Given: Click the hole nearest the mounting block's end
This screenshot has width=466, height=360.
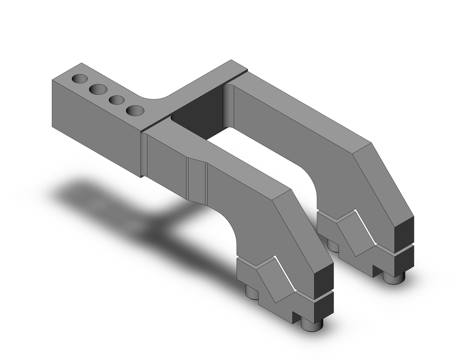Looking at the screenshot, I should pyautogui.click(x=80, y=78).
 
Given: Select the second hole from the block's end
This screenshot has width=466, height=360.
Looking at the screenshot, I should pyautogui.click(x=98, y=89).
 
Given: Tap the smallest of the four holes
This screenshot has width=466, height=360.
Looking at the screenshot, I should pyautogui.click(x=116, y=100).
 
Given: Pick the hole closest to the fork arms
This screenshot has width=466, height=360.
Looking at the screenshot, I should pyautogui.click(x=135, y=111).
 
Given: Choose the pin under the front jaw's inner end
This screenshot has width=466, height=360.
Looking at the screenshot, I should pyautogui.click(x=252, y=292).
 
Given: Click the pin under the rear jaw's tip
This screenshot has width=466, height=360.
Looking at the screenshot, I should pyautogui.click(x=394, y=277).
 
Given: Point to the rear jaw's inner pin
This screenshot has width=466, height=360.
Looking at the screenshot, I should pyautogui.click(x=332, y=244).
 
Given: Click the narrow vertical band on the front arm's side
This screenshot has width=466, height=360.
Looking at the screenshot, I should pyautogui.click(x=196, y=179).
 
